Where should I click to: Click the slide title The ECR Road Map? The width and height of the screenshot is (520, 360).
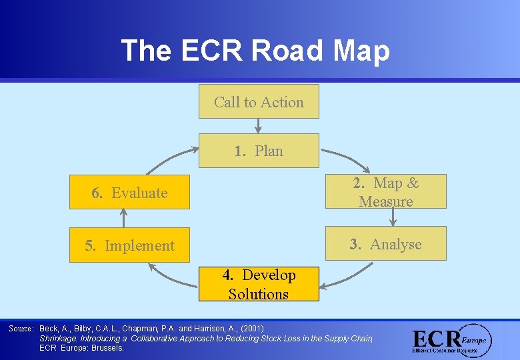pyautogui.click(x=255, y=50)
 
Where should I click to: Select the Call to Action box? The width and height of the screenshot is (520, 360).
pyautogui.click(x=259, y=102)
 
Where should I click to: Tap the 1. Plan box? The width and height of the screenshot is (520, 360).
pyautogui.click(x=259, y=151)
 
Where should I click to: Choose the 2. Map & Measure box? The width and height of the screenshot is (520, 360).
pyautogui.click(x=386, y=192)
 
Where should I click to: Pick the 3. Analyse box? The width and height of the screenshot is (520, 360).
pyautogui.click(x=386, y=245)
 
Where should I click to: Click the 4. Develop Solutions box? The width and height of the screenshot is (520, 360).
pyautogui.click(x=259, y=285)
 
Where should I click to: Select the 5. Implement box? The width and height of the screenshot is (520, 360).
pyautogui.click(x=129, y=245)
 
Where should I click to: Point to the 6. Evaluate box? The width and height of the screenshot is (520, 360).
pyautogui.click(x=129, y=193)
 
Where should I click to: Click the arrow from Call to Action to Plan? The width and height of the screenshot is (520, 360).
pyautogui.click(x=259, y=126)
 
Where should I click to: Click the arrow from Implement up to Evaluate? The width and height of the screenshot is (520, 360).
pyautogui.click(x=123, y=218)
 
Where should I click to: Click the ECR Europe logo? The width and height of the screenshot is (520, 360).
pyautogui.click(x=451, y=341)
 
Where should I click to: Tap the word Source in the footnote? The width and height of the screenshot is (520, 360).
pyautogui.click(x=20, y=329)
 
